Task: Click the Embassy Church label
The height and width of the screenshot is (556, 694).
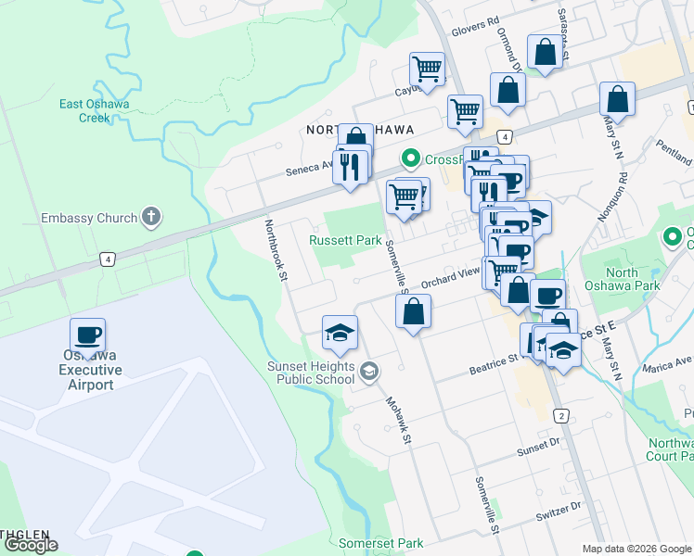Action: pos(89,219)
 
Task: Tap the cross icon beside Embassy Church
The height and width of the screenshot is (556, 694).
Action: pos(151,218)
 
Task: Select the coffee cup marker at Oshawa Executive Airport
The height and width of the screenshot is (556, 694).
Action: pos(88,335)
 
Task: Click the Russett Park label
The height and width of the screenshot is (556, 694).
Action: pos(345,240)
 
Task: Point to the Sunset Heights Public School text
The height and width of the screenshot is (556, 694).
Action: pos(311,373)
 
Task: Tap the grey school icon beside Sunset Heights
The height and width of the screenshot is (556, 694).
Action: pos(369,372)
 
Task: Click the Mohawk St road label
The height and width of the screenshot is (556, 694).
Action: pos(398,421)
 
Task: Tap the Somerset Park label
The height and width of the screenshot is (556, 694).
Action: pos(380,543)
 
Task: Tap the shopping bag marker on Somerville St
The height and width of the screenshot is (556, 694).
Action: pos(414,311)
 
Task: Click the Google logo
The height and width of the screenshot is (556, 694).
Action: pos(30,545)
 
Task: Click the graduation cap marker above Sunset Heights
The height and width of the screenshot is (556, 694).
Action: pos(341,332)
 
